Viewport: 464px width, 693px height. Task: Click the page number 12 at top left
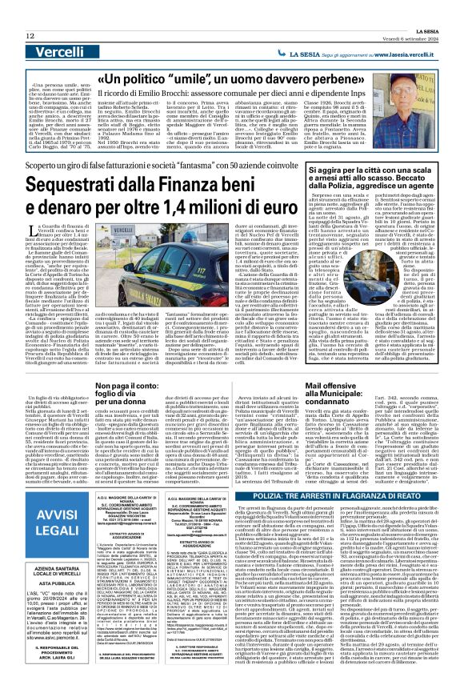click(x=30, y=14)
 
